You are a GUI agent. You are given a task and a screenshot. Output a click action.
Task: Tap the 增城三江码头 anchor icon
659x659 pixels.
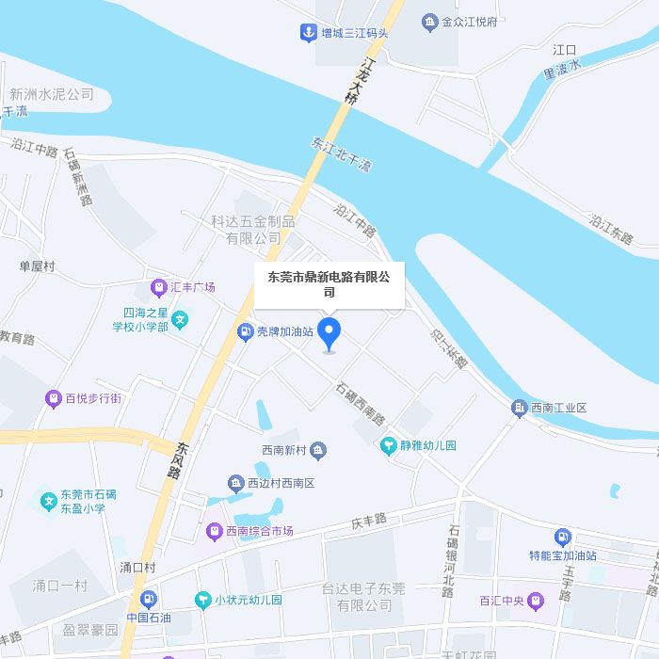(x=307, y=33)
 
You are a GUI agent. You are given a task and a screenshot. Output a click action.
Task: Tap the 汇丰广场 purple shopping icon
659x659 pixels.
(x=158, y=286)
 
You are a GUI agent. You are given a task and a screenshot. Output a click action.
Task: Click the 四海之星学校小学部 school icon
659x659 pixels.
(x=181, y=320)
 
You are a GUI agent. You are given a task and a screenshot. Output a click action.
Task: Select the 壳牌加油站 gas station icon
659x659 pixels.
(x=244, y=331)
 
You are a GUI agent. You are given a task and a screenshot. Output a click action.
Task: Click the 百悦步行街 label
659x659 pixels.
(x=93, y=398)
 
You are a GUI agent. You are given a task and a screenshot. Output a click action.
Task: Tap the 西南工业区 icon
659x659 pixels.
(x=519, y=408)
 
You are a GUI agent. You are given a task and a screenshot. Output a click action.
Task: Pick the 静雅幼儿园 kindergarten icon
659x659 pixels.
(x=388, y=445)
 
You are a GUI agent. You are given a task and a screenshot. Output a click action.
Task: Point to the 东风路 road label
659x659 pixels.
(x=179, y=459)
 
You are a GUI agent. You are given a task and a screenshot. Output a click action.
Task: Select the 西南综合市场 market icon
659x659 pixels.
(x=213, y=531)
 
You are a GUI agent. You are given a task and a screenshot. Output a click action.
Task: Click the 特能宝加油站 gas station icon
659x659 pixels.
(x=563, y=537)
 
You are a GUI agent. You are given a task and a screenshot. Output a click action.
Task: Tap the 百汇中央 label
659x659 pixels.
(x=500, y=600)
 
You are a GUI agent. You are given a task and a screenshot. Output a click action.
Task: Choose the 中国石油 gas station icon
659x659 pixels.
(x=148, y=599)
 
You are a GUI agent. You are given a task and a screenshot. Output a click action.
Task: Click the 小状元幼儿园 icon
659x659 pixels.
(x=201, y=600)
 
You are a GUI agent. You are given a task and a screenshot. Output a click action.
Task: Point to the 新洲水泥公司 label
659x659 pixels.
(x=52, y=94)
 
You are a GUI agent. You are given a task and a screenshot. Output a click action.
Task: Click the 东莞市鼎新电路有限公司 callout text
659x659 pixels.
(x=329, y=284)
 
